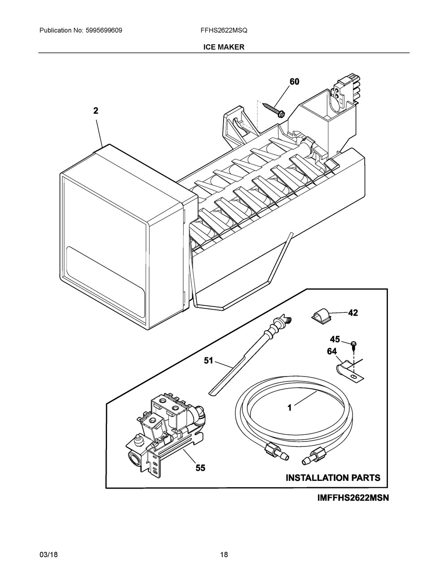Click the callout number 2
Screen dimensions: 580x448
pos(96,111)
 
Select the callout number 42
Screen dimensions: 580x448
pos(353,313)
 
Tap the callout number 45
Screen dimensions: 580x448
pos(335,339)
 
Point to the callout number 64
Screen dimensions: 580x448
pos(332,352)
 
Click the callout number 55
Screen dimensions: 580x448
pos(200,468)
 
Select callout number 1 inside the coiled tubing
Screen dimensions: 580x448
pos(289,407)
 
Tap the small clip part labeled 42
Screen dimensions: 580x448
pos(320,316)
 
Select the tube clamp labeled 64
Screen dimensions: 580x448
pos(347,370)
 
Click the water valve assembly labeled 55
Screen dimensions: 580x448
pos(166,430)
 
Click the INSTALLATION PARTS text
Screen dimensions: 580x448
pos(333,478)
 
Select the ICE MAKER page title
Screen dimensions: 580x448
pos(224,47)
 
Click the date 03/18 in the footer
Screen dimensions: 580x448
pos(48,555)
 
